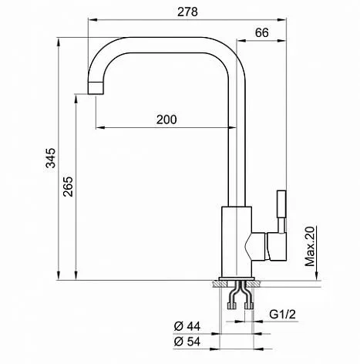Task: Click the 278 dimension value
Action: [x=187, y=12]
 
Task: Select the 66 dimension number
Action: [x=262, y=32]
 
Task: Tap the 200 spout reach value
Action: [x=167, y=120]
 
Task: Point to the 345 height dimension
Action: [x=51, y=158]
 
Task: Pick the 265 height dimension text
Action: [x=68, y=187]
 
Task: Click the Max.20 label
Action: [x=310, y=246]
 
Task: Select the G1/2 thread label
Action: [x=282, y=314]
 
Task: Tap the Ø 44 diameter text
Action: [x=187, y=326]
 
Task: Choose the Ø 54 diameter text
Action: [x=187, y=342]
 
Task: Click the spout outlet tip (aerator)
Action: [x=96, y=88]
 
